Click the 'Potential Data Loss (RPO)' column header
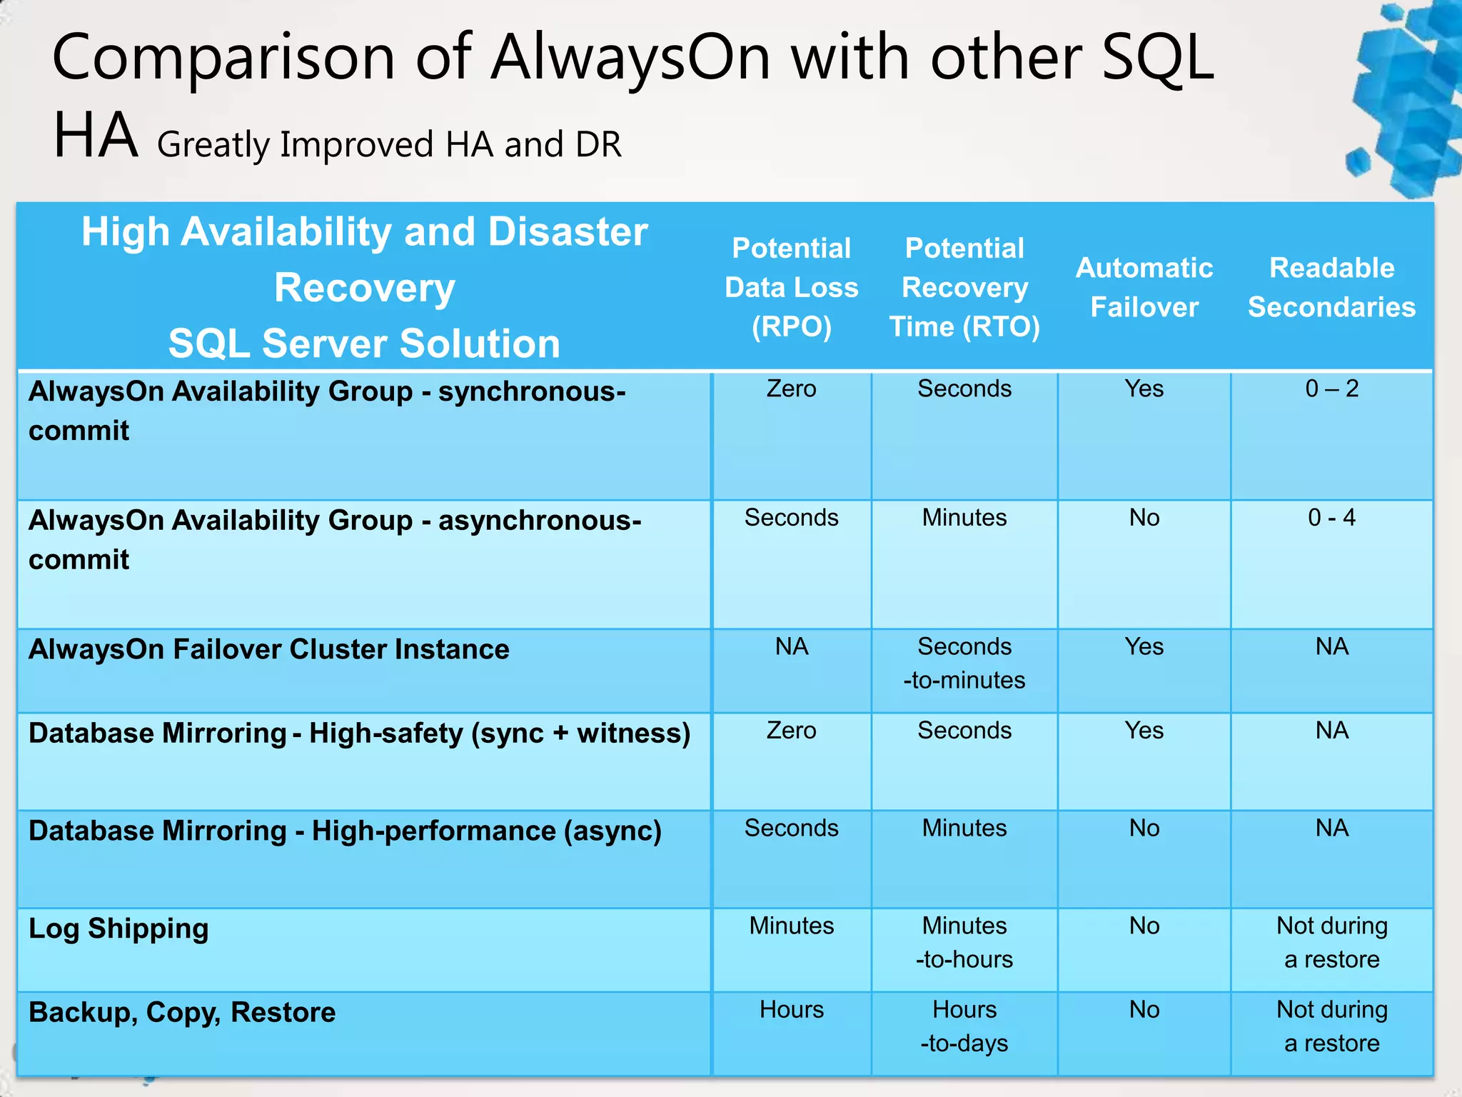click(791, 287)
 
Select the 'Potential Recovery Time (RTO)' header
click(964, 287)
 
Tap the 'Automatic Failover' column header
click(1144, 287)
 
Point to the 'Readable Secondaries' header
click(1331, 287)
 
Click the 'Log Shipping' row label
click(119, 928)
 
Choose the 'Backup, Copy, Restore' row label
click(182, 1012)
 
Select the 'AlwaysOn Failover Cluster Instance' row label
click(269, 649)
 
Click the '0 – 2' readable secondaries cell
click(1331, 389)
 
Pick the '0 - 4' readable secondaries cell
click(1331, 518)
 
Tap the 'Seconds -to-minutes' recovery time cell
click(964, 663)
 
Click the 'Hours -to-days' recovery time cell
click(964, 1026)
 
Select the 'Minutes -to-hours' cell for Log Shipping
click(964, 942)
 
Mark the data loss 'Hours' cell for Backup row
click(791, 1010)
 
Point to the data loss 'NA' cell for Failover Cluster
click(791, 646)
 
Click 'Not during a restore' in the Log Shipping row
click(1331, 942)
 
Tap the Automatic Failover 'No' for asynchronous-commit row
click(1144, 518)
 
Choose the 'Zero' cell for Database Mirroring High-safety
click(791, 731)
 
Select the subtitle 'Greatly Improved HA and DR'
click(389, 145)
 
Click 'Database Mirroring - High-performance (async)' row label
click(346, 831)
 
